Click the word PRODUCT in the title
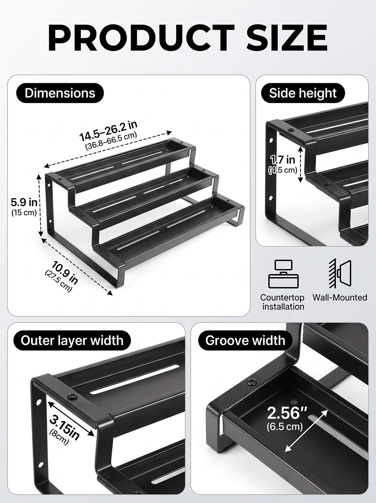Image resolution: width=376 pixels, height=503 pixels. click(141, 38)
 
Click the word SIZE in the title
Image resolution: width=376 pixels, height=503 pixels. click(287, 38)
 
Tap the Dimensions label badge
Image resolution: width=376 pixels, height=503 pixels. click(60, 93)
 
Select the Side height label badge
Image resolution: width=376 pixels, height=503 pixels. click(303, 93)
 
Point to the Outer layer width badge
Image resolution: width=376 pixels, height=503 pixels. click(72, 341)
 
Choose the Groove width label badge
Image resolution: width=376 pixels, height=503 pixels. click(245, 341)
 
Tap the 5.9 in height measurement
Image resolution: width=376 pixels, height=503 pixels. click(24, 202)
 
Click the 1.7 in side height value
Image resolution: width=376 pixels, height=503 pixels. click(283, 160)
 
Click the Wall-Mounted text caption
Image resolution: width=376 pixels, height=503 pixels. click(340, 297)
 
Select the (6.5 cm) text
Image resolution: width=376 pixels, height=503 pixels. click(285, 426)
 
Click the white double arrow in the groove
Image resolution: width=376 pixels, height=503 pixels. click(306, 431)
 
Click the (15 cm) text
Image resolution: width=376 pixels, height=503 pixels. click(24, 213)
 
